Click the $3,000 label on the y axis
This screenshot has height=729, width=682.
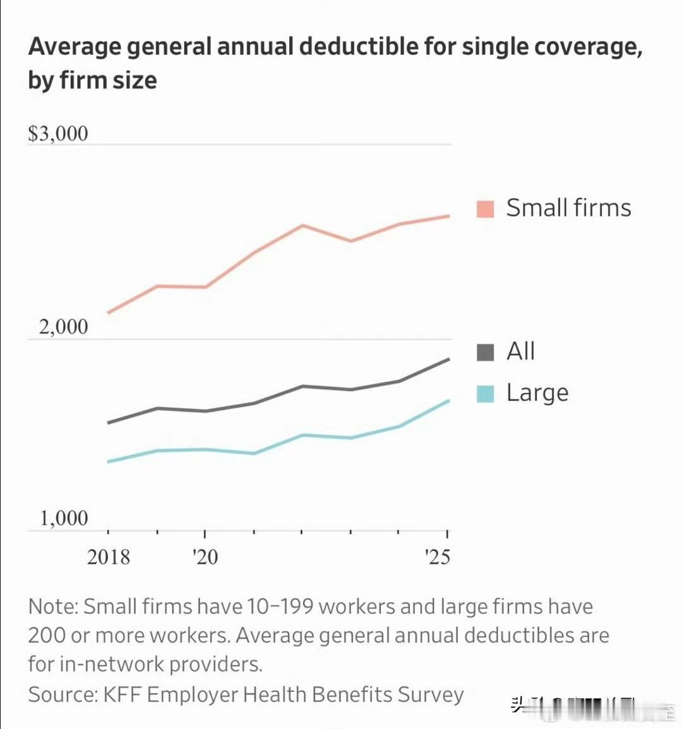click(58, 134)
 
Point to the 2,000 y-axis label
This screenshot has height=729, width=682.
click(63, 327)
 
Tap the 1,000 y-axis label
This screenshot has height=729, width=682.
click(64, 519)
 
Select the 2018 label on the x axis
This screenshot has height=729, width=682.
click(109, 557)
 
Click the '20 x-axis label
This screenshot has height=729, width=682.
click(205, 557)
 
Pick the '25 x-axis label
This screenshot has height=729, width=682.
click(437, 557)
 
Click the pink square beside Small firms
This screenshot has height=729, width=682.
click(485, 209)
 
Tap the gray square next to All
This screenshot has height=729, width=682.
click(485, 352)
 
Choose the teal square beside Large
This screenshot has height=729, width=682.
click(485, 393)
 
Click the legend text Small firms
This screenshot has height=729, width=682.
click(568, 208)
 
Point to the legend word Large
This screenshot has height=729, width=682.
click(537, 393)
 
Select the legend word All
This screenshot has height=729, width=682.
click(520, 352)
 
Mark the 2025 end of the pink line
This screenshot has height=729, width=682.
click(448, 216)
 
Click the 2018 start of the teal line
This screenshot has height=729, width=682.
click(109, 462)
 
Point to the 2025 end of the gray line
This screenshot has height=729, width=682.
click(448, 359)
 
